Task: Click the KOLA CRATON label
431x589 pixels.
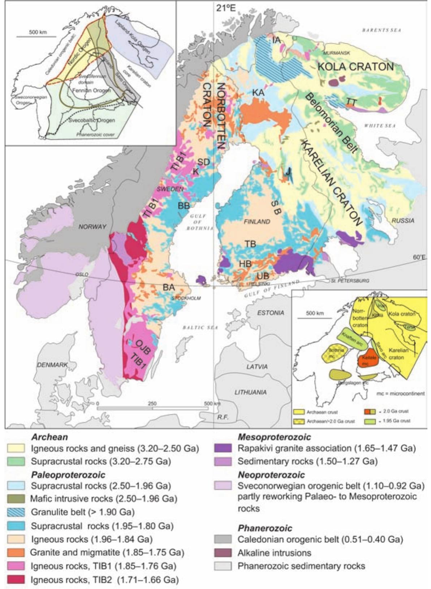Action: click(x=355, y=67)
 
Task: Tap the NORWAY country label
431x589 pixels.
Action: click(x=93, y=226)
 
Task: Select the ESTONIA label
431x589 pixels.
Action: click(x=271, y=313)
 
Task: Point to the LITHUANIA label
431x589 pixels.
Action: click(x=250, y=392)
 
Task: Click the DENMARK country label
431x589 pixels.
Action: click(x=52, y=365)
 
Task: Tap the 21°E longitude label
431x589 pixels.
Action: click(x=226, y=8)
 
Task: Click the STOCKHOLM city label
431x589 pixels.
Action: click(x=186, y=298)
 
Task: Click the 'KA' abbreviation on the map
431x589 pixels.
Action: click(x=258, y=92)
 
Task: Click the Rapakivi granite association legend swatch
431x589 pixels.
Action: click(x=222, y=449)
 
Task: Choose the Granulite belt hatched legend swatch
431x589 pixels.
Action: click(x=16, y=512)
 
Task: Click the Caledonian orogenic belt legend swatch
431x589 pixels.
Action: click(x=222, y=540)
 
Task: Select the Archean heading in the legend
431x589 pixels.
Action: click(x=49, y=437)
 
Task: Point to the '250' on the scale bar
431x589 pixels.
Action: click(x=152, y=403)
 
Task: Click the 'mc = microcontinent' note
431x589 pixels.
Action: click(x=400, y=394)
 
